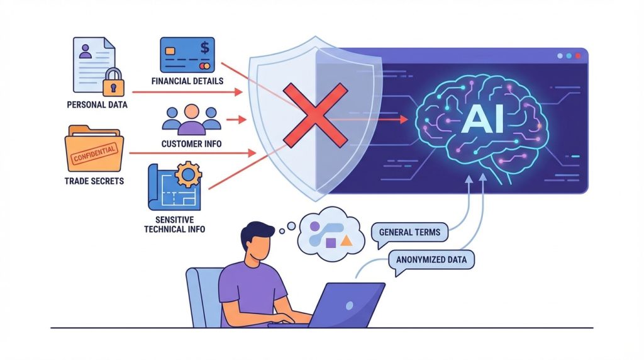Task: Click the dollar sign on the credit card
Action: coord(204,48)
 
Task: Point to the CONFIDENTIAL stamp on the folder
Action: coord(94,152)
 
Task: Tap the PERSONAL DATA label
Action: coord(97,104)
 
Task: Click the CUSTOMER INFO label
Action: coord(191,143)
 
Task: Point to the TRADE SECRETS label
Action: coord(94,181)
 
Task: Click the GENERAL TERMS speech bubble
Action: coord(409,232)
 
